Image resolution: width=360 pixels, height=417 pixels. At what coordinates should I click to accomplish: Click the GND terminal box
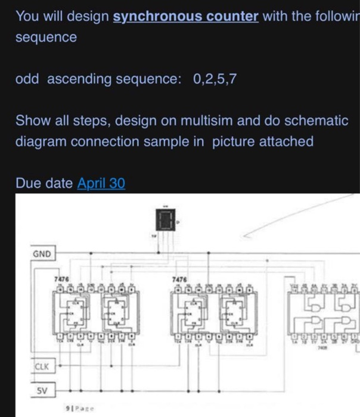tap(42, 255)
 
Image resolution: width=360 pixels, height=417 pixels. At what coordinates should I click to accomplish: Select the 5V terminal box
tap(42, 391)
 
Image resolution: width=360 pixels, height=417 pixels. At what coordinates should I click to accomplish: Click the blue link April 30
tap(101, 183)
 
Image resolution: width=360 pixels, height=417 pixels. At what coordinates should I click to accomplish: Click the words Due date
tap(45, 183)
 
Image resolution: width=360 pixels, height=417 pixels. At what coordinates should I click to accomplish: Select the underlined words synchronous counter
tap(186, 16)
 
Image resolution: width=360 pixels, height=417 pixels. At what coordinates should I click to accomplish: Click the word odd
tap(27, 79)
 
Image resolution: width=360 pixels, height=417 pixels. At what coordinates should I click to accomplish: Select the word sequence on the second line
tap(46, 37)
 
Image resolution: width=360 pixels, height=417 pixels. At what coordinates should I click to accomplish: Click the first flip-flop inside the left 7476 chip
tap(75, 316)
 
